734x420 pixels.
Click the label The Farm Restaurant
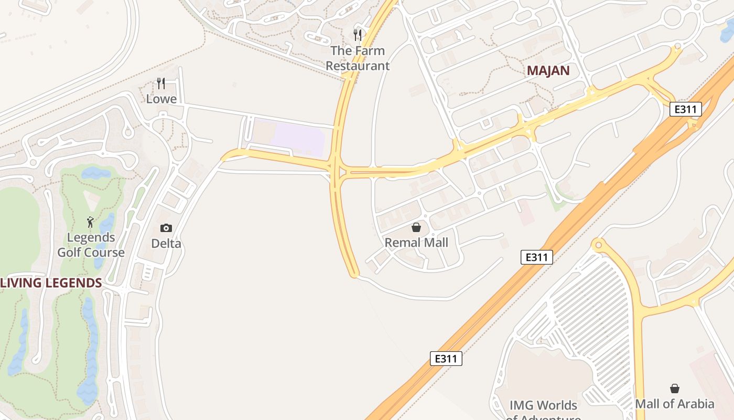click(358, 58)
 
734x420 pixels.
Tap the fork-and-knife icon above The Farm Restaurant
click(358, 35)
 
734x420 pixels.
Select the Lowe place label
click(161, 99)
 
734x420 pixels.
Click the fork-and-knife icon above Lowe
click(161, 83)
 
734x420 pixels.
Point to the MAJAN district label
click(548, 71)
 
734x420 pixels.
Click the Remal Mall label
click(416, 243)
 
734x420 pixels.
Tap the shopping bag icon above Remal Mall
click(416, 227)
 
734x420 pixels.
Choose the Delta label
click(166, 244)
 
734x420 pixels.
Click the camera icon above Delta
click(166, 228)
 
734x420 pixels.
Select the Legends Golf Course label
click(91, 245)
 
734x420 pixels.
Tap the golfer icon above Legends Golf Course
click(91, 222)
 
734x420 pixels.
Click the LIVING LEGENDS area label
click(51, 283)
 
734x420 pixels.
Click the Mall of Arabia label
click(675, 404)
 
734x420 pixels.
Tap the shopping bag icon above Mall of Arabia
click(675, 388)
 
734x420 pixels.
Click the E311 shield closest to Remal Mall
click(537, 257)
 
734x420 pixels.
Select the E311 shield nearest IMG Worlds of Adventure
click(446, 359)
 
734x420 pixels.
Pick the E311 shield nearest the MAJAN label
click(686, 109)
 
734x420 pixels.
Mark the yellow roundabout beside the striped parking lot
click(597, 245)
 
